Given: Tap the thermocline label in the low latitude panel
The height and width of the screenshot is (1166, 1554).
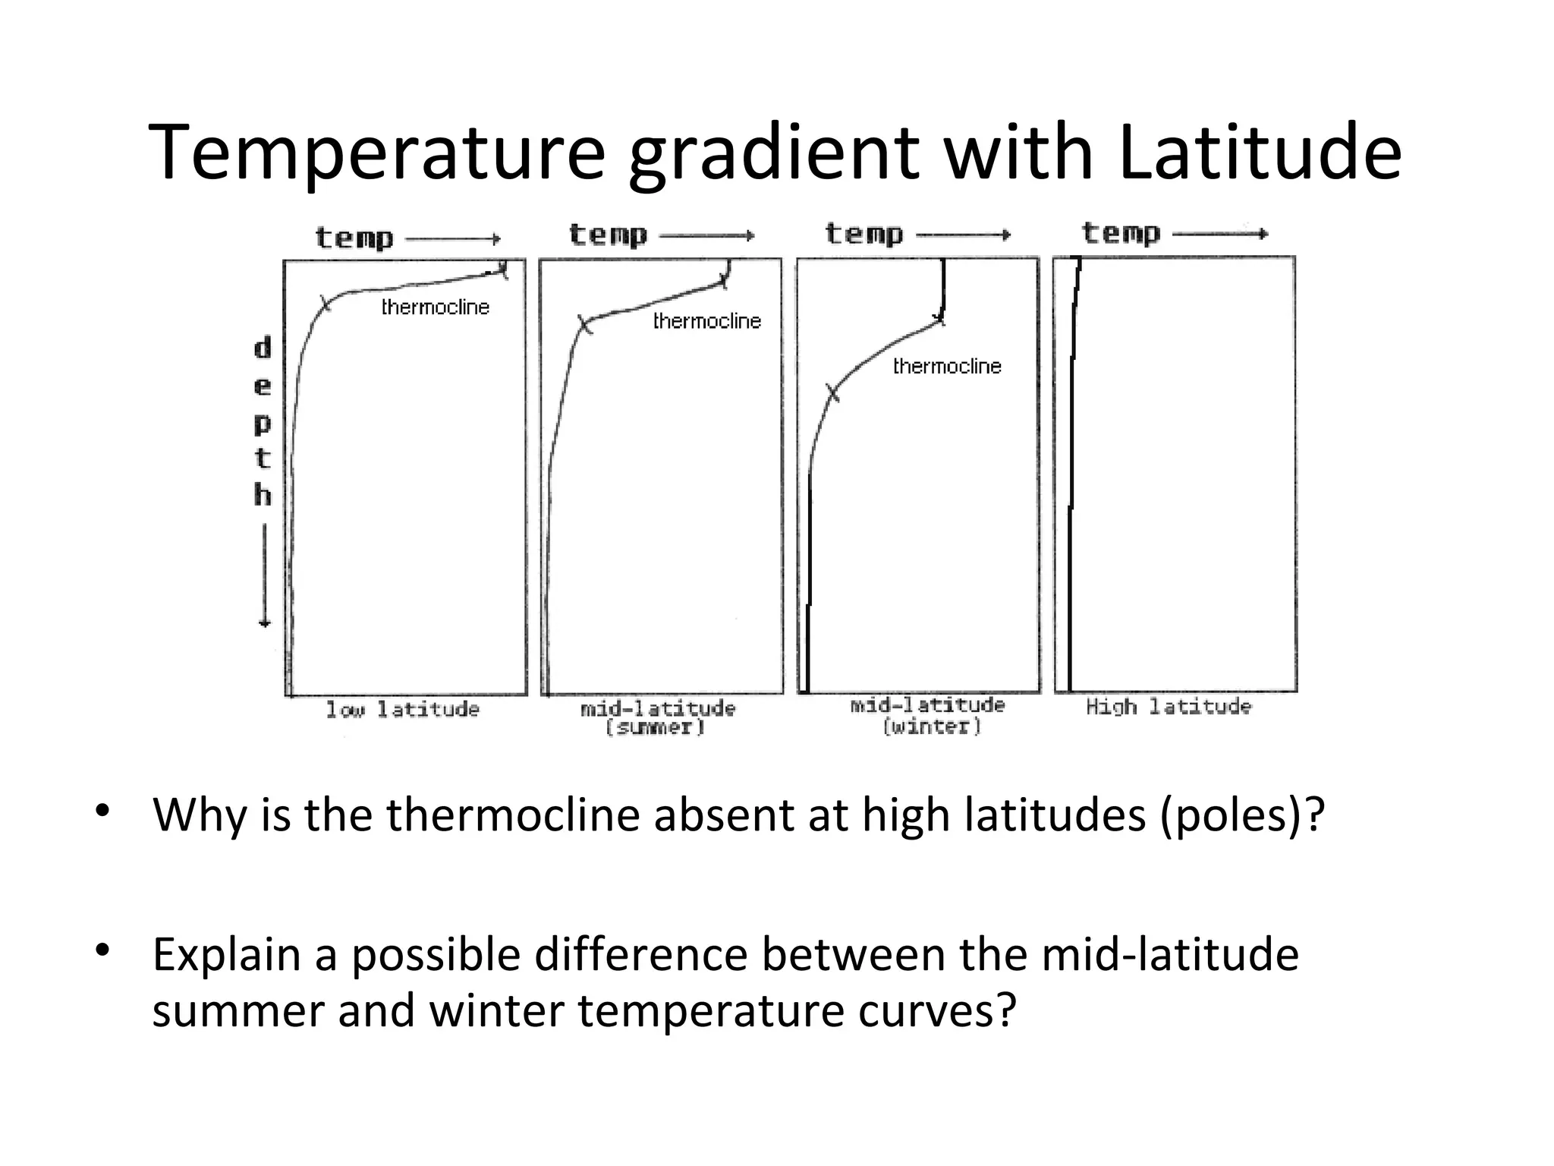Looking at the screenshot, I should pyautogui.click(x=435, y=307).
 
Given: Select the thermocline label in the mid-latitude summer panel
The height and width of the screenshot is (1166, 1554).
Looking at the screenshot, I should pyautogui.click(x=706, y=321).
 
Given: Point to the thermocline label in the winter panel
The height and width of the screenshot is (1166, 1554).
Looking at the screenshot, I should pyautogui.click(x=947, y=367).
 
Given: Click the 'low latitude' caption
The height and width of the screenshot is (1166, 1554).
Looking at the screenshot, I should pyautogui.click(x=403, y=710).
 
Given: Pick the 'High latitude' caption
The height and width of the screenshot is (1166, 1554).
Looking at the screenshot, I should pyautogui.click(x=1168, y=707).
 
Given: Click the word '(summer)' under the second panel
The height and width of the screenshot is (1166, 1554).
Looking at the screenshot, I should pyautogui.click(x=655, y=727).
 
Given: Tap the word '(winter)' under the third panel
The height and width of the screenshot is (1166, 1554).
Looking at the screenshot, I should pyautogui.click(x=932, y=726).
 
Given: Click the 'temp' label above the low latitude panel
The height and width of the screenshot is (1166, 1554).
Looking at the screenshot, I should pyautogui.click(x=354, y=238).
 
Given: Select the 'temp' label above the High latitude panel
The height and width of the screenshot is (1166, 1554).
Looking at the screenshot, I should pyautogui.click(x=1121, y=233).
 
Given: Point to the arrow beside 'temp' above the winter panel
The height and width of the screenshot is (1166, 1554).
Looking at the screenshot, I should pyautogui.click(x=964, y=235).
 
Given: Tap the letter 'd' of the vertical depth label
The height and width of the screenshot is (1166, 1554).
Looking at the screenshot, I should pyautogui.click(x=263, y=348).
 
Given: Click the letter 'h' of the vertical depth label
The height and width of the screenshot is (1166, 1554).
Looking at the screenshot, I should pyautogui.click(x=263, y=495).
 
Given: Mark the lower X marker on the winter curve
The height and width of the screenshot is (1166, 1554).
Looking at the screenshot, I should pyautogui.click(x=832, y=393).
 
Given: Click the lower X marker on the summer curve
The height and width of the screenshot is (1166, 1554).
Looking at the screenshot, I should pyautogui.click(x=584, y=325).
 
